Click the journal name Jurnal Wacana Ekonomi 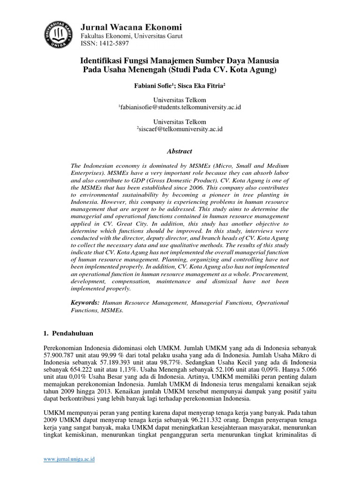[132, 27]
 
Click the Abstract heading [180, 151]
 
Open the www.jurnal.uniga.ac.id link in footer [69, 460]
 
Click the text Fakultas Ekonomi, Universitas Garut [132, 36]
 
